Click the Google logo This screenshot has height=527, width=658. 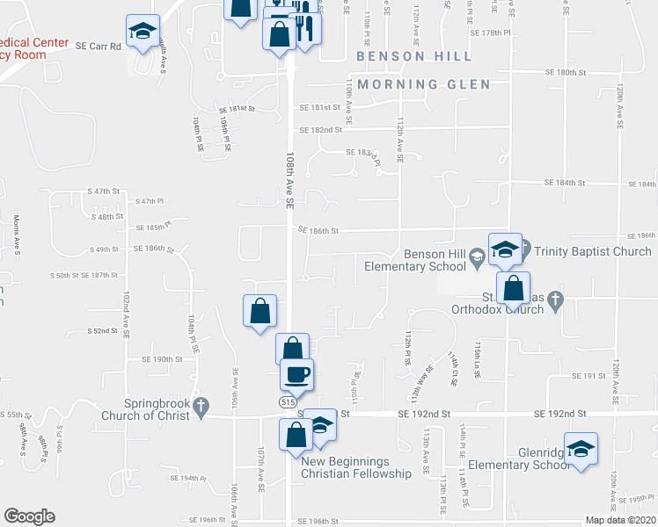click(x=29, y=516)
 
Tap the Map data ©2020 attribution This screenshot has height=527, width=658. click(x=620, y=520)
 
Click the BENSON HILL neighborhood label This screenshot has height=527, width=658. click(x=413, y=56)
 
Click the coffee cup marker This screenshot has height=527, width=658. click(x=296, y=374)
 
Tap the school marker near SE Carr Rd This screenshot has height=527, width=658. click(x=143, y=31)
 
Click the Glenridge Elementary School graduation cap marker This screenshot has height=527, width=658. click(x=581, y=450)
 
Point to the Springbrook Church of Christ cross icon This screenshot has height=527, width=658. click(x=201, y=407)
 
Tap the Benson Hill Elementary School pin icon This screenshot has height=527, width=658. click(x=476, y=258)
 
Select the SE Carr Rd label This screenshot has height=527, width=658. click(x=98, y=46)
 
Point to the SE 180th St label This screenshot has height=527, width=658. click(x=566, y=72)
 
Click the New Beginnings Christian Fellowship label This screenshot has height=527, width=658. click(x=356, y=467)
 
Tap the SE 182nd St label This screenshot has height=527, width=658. click(x=320, y=130)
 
